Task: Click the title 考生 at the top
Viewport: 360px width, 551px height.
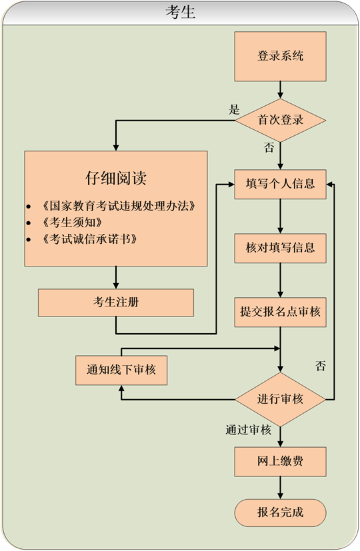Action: click(x=180, y=12)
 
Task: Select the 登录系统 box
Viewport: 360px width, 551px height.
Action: click(x=280, y=56)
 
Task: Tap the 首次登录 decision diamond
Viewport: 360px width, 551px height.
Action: click(x=280, y=121)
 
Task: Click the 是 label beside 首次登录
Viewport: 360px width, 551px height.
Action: click(x=234, y=110)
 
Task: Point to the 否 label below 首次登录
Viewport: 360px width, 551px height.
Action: click(x=269, y=148)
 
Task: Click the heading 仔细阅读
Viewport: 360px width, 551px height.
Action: click(x=116, y=179)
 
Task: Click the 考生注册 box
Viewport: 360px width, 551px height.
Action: click(x=116, y=302)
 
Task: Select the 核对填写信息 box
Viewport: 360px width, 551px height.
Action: click(x=280, y=248)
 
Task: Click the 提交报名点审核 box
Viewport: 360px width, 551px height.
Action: click(x=280, y=312)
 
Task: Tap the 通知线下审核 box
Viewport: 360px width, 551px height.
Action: click(x=121, y=370)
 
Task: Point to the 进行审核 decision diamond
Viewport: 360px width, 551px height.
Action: click(x=280, y=400)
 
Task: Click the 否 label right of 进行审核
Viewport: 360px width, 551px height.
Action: click(x=321, y=366)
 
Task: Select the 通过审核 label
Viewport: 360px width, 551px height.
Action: click(x=248, y=430)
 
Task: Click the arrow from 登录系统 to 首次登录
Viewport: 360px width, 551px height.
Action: click(x=280, y=89)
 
